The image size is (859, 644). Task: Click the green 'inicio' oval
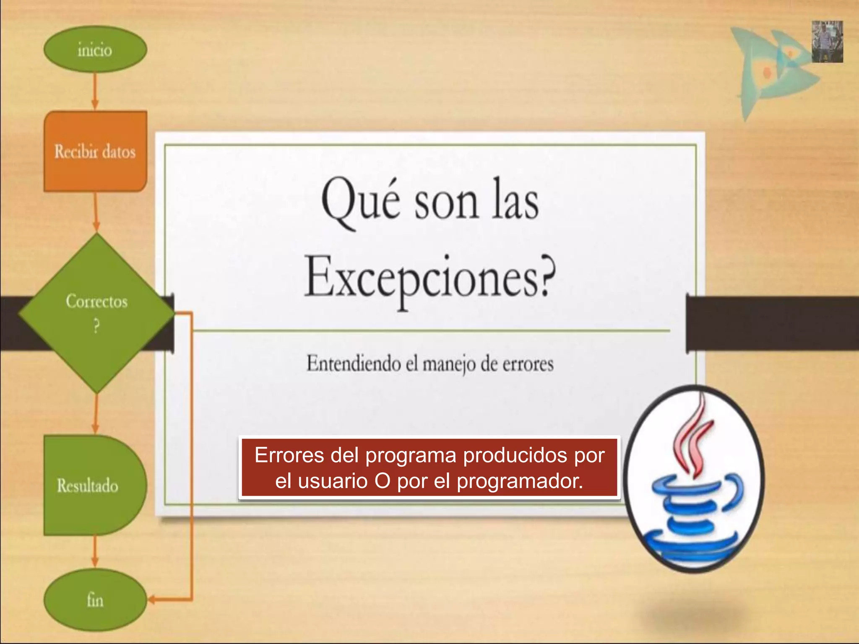point(95,49)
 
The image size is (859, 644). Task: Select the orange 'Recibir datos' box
point(95,151)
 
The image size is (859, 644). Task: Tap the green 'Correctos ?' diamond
point(96,312)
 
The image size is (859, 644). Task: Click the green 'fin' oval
point(95,600)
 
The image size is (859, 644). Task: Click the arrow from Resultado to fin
point(95,551)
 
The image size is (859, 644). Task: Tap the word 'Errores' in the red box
point(289,455)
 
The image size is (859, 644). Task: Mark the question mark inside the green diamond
point(96,326)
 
